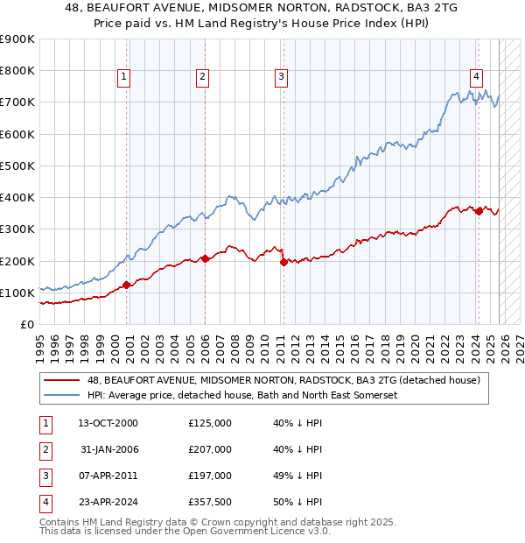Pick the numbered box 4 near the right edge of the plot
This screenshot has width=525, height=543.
coord(477,76)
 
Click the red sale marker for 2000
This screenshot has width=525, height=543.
coord(126,284)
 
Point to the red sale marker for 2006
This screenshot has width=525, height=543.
coord(205,258)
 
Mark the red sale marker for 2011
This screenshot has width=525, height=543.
coord(283,261)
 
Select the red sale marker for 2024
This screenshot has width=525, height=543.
coord(479,210)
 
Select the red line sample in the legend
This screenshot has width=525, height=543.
coord(62,381)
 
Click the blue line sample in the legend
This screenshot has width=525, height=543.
coord(62,396)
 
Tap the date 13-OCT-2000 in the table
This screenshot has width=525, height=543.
coord(108,423)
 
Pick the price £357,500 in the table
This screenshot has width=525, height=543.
coord(210,502)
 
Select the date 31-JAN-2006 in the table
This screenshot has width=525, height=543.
coord(108,449)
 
